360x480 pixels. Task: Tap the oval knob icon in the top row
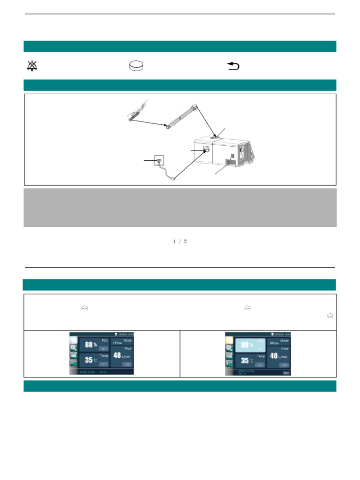tap(136, 67)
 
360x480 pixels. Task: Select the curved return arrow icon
tap(233, 67)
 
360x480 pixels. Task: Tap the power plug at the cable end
tap(174, 179)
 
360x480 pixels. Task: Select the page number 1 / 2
tap(180, 241)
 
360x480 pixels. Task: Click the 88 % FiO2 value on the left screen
tap(90, 345)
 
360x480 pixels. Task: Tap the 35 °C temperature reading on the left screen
tap(90, 360)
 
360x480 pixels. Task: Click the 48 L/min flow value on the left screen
tap(121, 356)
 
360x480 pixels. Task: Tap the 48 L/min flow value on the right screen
tap(277, 356)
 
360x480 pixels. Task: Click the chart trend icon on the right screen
tap(230, 358)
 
